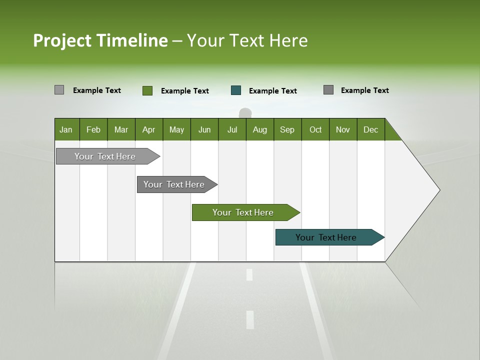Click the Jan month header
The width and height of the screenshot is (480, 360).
click(x=66, y=129)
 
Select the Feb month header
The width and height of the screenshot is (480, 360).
click(x=93, y=129)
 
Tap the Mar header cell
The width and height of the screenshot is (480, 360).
click(x=121, y=129)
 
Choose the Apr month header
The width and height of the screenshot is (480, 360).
click(x=149, y=129)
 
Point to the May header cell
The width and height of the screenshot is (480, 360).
click(x=176, y=129)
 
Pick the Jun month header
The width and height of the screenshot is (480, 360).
click(x=204, y=129)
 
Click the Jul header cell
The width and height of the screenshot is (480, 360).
click(x=232, y=129)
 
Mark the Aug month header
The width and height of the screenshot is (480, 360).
click(x=260, y=129)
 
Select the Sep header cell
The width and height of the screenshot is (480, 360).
click(x=287, y=129)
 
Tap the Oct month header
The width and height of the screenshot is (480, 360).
click(x=315, y=129)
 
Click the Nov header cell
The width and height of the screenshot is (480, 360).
click(x=343, y=129)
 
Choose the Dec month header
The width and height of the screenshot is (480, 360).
click(x=371, y=129)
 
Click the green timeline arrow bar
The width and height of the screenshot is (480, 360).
click(x=243, y=212)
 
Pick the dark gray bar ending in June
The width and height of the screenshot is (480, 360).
click(x=174, y=184)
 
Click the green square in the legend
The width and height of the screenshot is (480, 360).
click(x=147, y=90)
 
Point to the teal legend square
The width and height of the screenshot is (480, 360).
click(x=236, y=90)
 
